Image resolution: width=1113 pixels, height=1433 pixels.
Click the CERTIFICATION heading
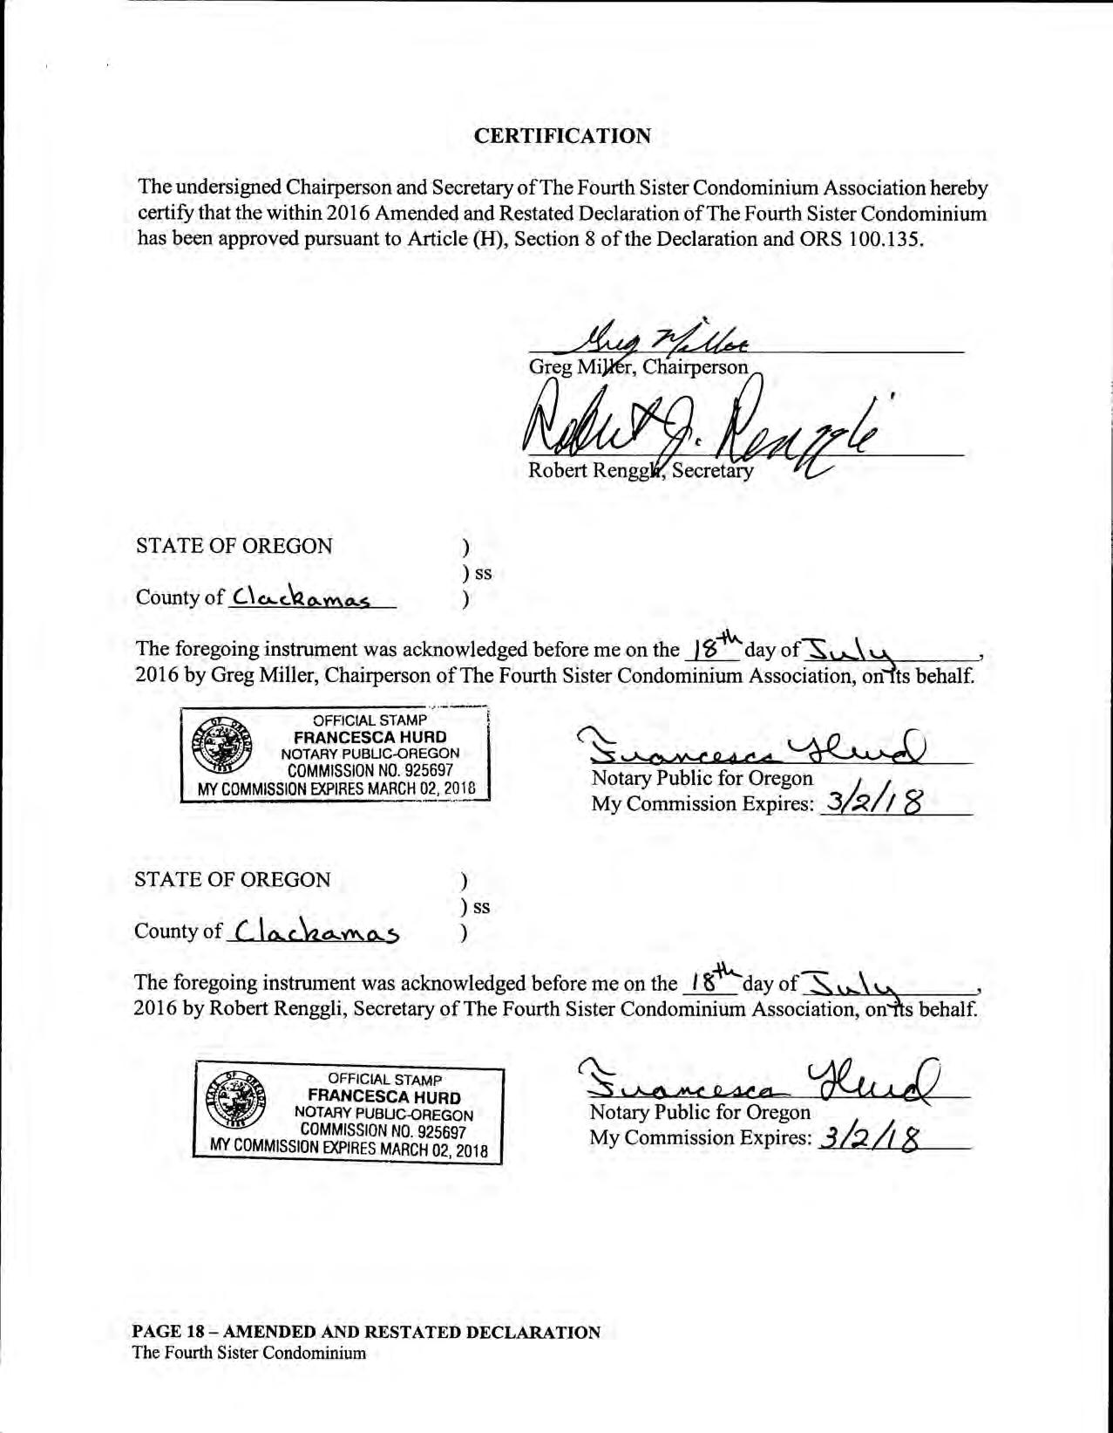(x=562, y=136)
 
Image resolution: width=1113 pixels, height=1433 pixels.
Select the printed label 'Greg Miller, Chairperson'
(x=638, y=367)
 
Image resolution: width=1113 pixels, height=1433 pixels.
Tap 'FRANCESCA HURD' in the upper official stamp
(x=370, y=737)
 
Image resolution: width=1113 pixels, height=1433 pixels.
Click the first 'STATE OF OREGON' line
(x=234, y=546)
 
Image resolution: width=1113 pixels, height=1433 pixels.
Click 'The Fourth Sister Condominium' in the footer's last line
(x=248, y=1354)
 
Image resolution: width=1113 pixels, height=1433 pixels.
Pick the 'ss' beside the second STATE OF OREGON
(x=480, y=907)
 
